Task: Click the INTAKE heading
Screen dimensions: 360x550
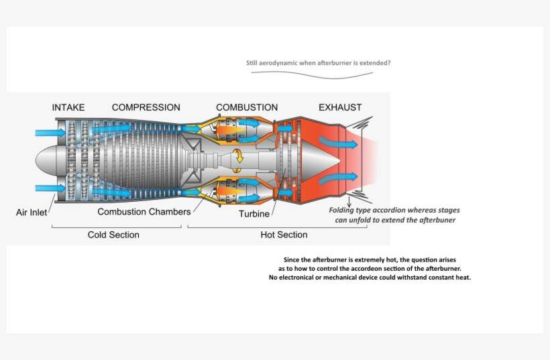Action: pyautogui.click(x=68, y=107)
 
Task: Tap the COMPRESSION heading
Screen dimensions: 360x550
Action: pyautogui.click(x=146, y=107)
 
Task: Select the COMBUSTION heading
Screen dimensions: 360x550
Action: pyautogui.click(x=247, y=107)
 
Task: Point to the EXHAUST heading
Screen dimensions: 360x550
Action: pyautogui.click(x=340, y=107)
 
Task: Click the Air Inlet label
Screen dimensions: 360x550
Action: pyautogui.click(x=31, y=213)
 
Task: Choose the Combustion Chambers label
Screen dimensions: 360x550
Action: pyautogui.click(x=144, y=212)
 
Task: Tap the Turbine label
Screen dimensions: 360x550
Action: pyautogui.click(x=254, y=214)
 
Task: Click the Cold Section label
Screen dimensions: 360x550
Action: pyautogui.click(x=113, y=235)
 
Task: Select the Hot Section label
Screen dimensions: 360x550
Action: pyautogui.click(x=284, y=235)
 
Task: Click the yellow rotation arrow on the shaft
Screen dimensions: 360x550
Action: pyautogui.click(x=238, y=157)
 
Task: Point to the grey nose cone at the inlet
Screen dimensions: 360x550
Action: pyautogui.click(x=46, y=160)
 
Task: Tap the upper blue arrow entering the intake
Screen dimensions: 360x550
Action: pyautogui.click(x=50, y=133)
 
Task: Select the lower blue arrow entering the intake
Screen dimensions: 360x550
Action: pyautogui.click(x=50, y=188)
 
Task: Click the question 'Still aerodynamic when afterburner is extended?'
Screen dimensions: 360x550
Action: pyautogui.click(x=319, y=63)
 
